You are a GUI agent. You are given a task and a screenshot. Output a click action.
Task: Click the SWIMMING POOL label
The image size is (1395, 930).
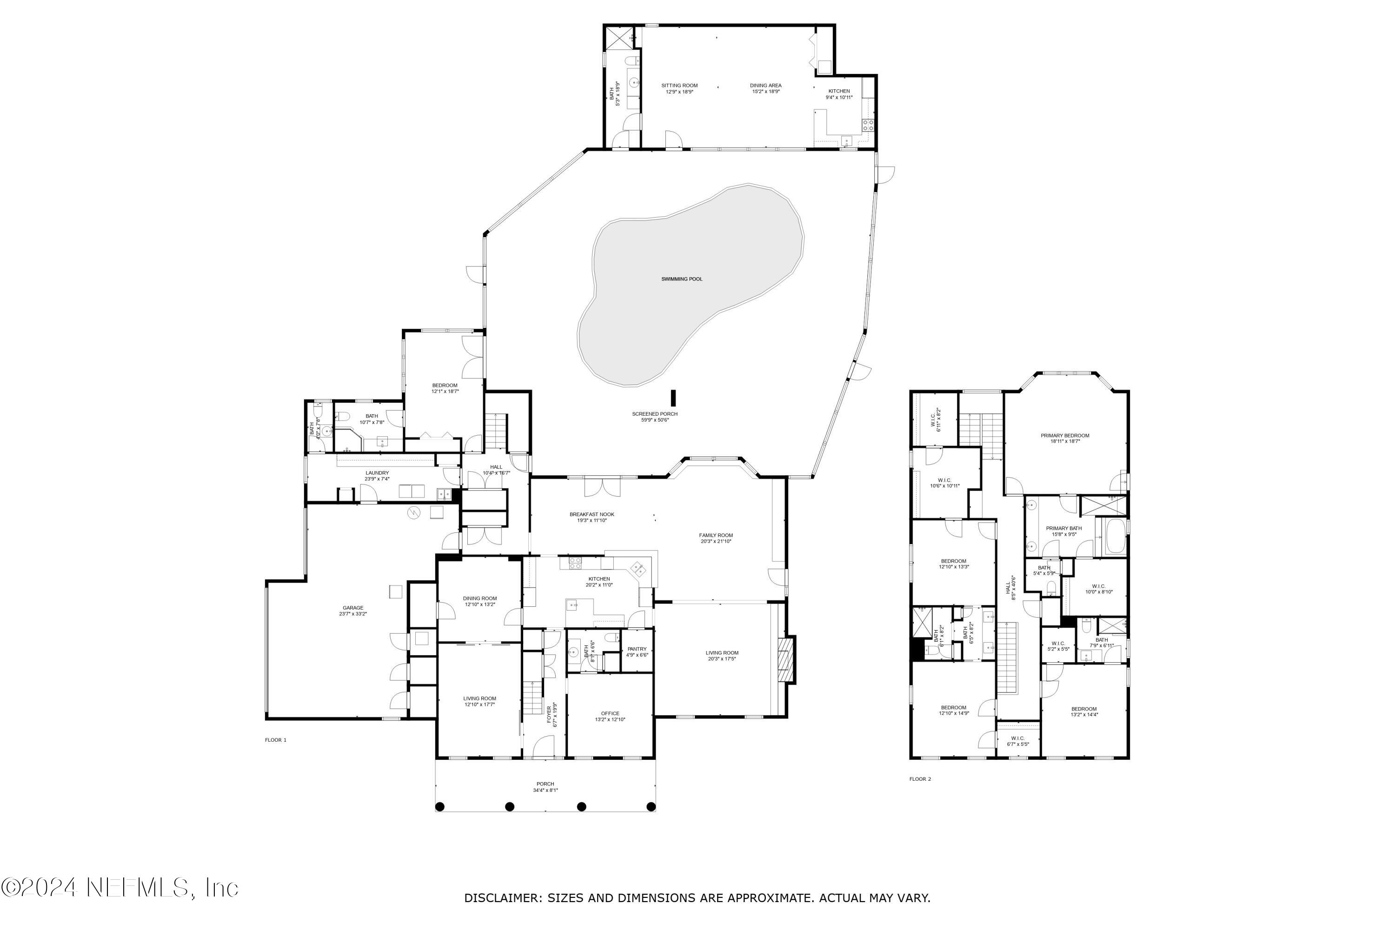coord(682,279)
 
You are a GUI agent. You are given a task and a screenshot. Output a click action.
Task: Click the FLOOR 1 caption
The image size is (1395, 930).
coord(275,740)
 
